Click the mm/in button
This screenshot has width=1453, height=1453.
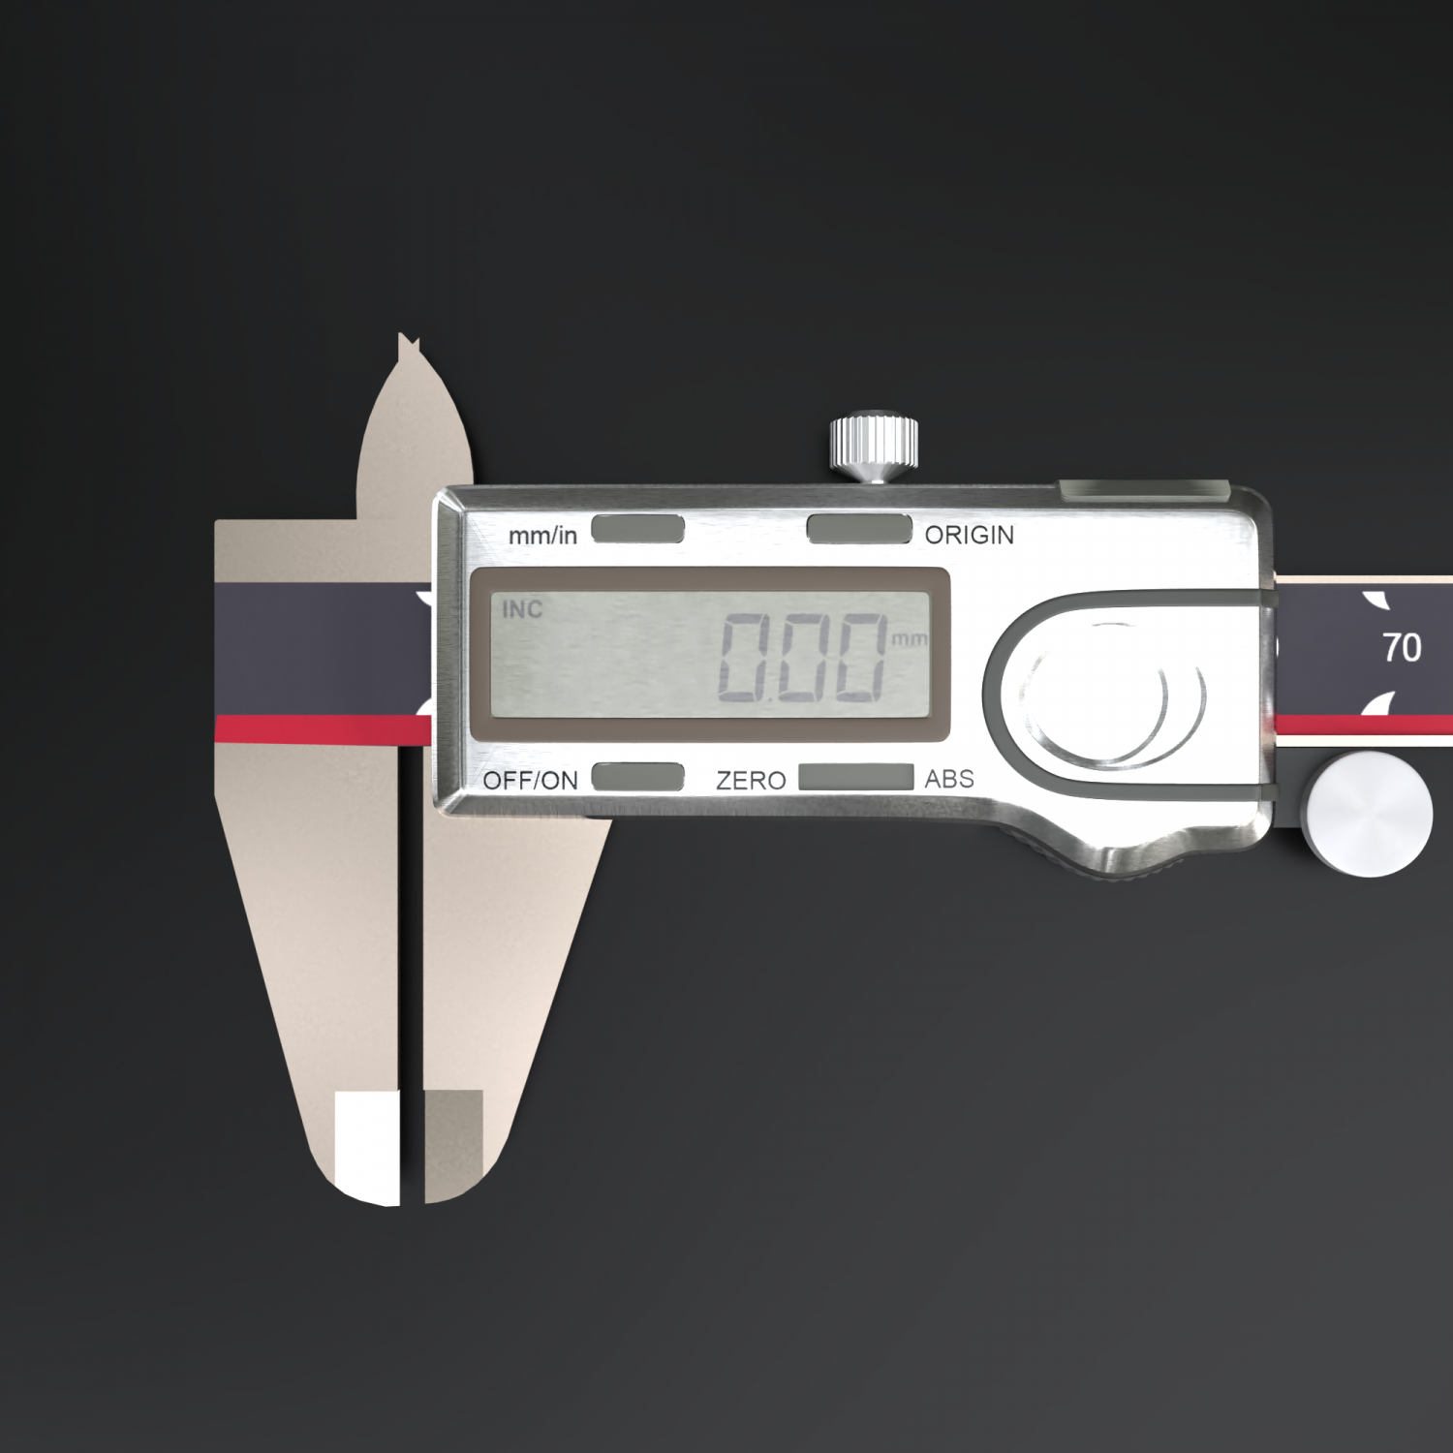click(637, 529)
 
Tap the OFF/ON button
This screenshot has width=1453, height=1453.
click(637, 777)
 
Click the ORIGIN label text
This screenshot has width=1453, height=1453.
click(969, 535)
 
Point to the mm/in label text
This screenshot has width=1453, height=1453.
click(542, 535)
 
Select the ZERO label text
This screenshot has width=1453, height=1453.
click(751, 780)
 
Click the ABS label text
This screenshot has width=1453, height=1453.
click(949, 779)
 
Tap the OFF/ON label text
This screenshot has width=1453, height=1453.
click(530, 780)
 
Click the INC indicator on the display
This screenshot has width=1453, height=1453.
click(522, 609)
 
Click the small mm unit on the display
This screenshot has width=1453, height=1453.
click(908, 639)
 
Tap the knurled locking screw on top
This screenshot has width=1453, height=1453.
click(874, 447)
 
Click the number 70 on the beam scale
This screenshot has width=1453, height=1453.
click(1402, 647)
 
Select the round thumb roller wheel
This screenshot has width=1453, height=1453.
click(1368, 816)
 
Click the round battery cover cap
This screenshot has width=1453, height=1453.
click(1114, 693)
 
